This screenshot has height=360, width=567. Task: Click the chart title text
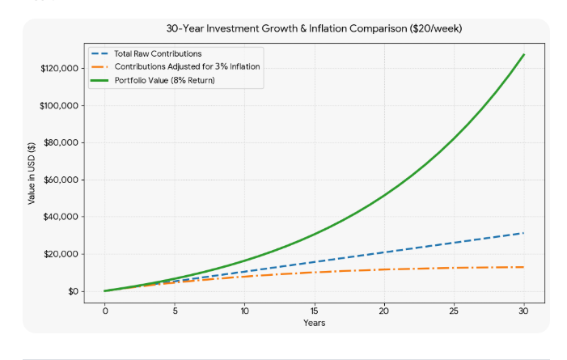click(x=314, y=28)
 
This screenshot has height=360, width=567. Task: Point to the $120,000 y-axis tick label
click(x=59, y=69)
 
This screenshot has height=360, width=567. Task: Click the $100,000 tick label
click(x=59, y=106)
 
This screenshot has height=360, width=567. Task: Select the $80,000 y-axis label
click(x=61, y=142)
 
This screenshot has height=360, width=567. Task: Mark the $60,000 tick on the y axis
click(x=61, y=180)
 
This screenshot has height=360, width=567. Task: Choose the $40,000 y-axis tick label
click(x=61, y=217)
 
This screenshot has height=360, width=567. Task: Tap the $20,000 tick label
click(x=61, y=254)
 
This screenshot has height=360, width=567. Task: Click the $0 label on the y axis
click(x=73, y=291)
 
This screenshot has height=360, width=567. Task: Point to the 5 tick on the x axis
click(x=175, y=311)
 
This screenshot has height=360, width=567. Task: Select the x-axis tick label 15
click(x=315, y=311)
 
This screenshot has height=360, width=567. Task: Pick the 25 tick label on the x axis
click(x=454, y=311)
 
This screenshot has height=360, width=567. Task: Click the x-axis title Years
click(x=315, y=323)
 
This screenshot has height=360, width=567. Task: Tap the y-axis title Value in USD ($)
click(x=32, y=173)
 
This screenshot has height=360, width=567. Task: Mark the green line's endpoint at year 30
click(x=524, y=55)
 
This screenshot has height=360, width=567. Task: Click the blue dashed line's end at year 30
click(x=524, y=233)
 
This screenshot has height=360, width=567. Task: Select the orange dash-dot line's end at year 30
click(x=524, y=267)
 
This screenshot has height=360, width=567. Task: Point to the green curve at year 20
click(x=384, y=196)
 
